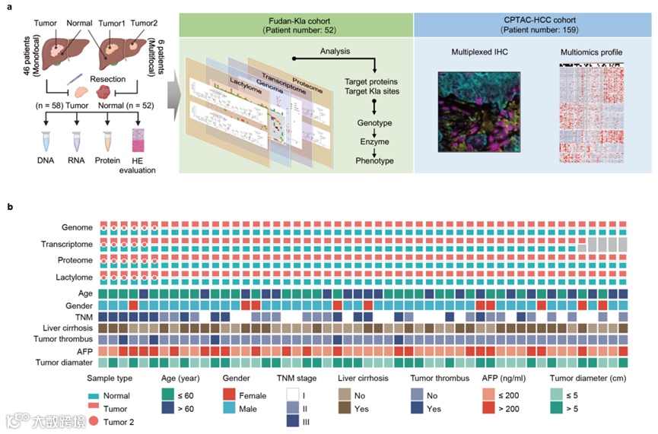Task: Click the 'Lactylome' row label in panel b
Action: tap(75, 277)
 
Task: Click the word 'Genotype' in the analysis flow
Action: tap(368, 122)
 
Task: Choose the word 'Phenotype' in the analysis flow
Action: tap(368, 161)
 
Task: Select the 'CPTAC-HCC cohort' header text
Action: tap(533, 17)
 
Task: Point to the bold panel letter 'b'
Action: tap(10, 205)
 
